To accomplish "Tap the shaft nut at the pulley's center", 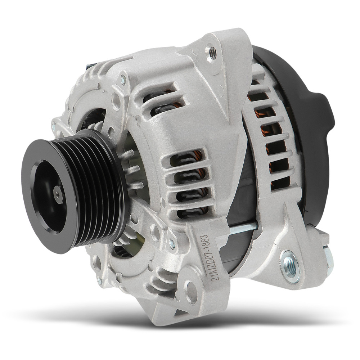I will [58, 195].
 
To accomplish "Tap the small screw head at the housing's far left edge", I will [54, 125].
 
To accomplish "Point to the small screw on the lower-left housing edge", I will [99, 280].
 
